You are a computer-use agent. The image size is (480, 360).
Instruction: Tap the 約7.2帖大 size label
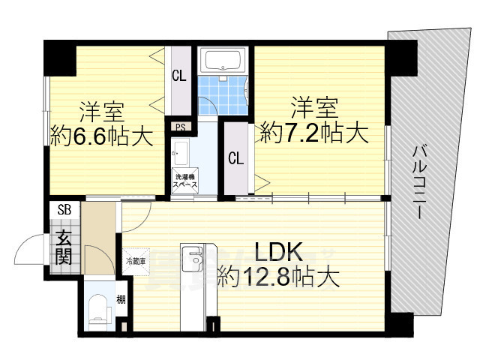[314, 134]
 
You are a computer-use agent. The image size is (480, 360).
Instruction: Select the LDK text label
[278, 250]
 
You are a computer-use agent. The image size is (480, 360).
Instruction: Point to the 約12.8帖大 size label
[278, 278]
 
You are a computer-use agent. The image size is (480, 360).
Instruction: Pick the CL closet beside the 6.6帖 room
[179, 75]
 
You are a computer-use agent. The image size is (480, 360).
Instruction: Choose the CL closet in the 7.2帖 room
[235, 158]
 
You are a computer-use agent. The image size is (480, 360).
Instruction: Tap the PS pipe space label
[180, 127]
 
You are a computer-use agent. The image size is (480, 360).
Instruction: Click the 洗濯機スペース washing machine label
[185, 180]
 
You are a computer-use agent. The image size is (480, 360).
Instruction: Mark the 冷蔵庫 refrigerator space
[135, 261]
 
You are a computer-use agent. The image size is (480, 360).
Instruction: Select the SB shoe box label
[61, 210]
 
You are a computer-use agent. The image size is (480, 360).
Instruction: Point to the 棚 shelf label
[121, 301]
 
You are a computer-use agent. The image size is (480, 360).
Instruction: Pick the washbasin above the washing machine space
[180, 157]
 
